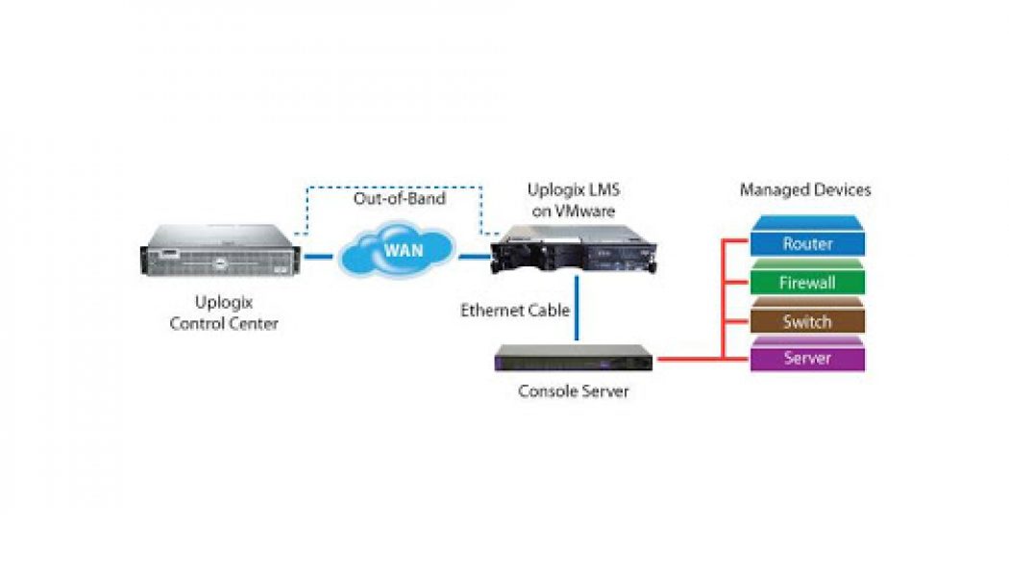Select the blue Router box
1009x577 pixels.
click(807, 243)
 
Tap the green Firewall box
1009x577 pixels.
click(807, 283)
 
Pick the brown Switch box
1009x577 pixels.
click(807, 321)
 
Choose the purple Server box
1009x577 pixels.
click(807, 359)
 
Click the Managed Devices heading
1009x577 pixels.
click(805, 190)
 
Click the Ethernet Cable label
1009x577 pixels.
click(515, 311)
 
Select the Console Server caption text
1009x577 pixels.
click(574, 391)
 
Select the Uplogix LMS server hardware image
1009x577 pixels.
click(574, 252)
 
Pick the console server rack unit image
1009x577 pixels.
click(574, 360)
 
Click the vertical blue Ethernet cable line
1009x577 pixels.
click(576, 309)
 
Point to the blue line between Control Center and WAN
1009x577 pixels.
click(318, 257)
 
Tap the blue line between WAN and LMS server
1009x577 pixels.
click(473, 257)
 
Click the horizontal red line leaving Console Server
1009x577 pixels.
click(687, 360)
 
